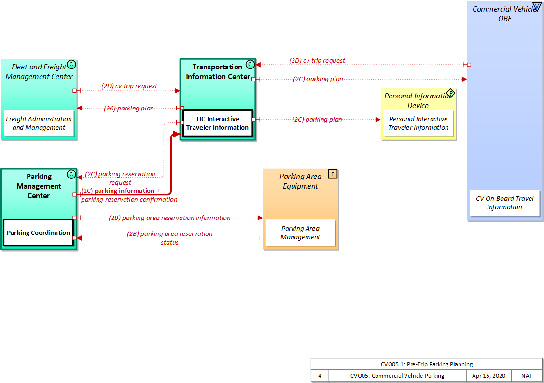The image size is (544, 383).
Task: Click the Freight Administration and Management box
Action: [x=39, y=123]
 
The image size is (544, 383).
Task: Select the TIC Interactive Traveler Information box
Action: [x=217, y=123]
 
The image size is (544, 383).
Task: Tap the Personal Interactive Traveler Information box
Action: [x=418, y=123]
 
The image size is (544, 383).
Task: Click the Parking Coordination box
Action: [x=38, y=233]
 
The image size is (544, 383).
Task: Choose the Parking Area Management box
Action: [x=300, y=233]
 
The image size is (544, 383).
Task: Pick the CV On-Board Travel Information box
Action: [x=504, y=203]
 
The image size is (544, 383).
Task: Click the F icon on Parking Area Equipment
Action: [x=332, y=174]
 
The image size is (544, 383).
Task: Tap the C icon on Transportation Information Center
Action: [x=250, y=64]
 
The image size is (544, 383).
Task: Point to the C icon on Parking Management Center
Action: [x=71, y=174]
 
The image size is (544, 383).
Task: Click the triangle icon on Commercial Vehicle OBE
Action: [x=537, y=7]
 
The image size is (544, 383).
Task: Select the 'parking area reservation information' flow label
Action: [x=169, y=218]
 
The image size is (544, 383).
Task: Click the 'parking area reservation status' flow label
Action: [x=169, y=238]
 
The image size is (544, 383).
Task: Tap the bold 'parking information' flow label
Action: [x=124, y=191]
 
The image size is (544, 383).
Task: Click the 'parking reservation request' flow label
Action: [x=120, y=178]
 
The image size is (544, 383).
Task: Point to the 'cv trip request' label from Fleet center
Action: [x=129, y=86]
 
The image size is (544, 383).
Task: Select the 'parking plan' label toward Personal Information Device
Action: [x=317, y=120]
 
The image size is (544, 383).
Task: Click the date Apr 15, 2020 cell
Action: [x=489, y=376]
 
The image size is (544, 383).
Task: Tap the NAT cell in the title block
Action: [x=527, y=376]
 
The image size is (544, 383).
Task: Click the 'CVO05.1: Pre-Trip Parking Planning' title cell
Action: [x=426, y=364]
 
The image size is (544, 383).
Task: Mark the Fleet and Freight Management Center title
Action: [x=39, y=71]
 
